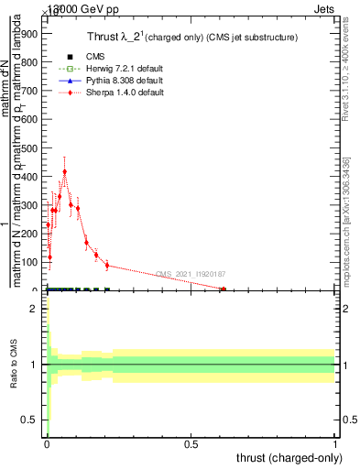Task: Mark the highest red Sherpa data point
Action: tap(64, 171)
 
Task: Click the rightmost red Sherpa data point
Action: tap(223, 289)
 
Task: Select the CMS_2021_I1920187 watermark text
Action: tap(191, 274)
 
